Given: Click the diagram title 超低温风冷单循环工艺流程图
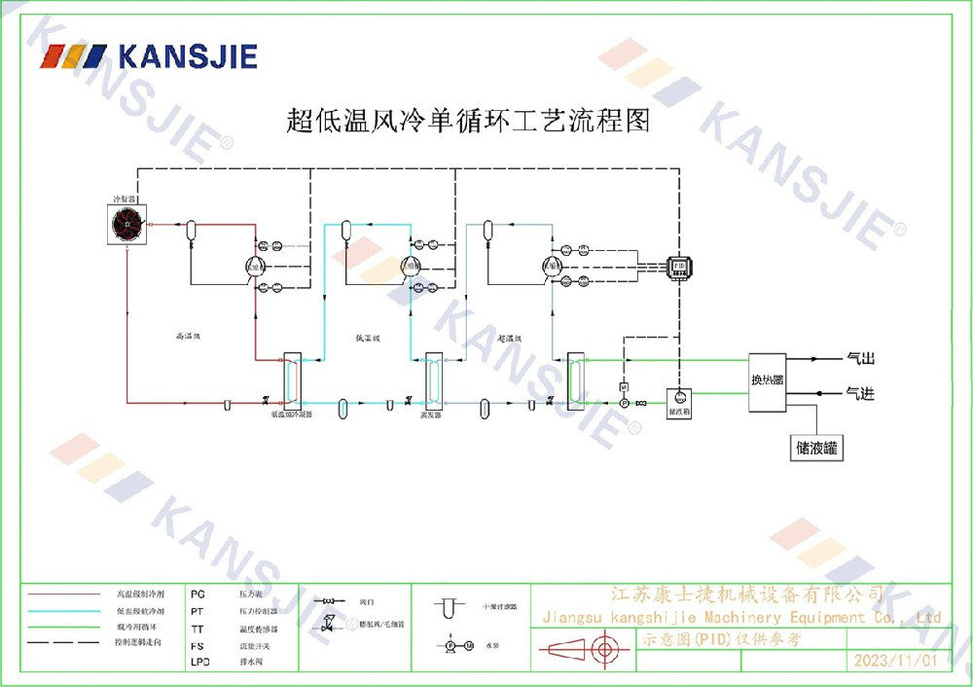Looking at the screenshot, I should coord(467,121).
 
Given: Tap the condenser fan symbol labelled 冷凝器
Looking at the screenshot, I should coord(126,226).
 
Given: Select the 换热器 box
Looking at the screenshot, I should coord(767,380).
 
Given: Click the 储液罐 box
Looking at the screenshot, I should coord(817,449).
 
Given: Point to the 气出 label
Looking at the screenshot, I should coord(861,359).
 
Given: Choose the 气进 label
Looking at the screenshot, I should coord(861,393).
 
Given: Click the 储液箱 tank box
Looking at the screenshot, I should coord(678,400).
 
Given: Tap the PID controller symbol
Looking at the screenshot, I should coord(678,265).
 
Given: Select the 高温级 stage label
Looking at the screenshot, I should coord(187,337).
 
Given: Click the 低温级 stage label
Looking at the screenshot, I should coord(367,338).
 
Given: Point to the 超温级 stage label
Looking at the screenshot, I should coord(510,339).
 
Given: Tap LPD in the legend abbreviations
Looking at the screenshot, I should coord(198,662).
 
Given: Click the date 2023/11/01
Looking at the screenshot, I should coord(894,661).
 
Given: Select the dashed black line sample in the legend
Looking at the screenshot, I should coord(64,643).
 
